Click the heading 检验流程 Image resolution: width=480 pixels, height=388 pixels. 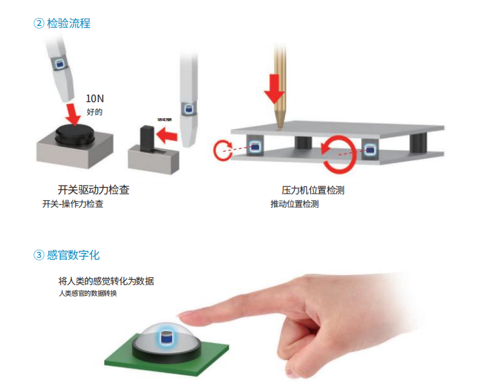coord(69,23)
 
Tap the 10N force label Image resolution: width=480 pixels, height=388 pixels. coord(95,99)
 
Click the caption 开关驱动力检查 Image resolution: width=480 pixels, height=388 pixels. coord(94,190)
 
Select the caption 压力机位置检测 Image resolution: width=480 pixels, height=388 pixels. coord(313,190)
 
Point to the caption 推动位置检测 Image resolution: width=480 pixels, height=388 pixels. coord(294,204)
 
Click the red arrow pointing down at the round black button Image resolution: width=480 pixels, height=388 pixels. coord(71,110)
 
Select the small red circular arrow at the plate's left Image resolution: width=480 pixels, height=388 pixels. coord(223,150)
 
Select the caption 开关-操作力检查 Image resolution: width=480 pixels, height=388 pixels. coord(73,204)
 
